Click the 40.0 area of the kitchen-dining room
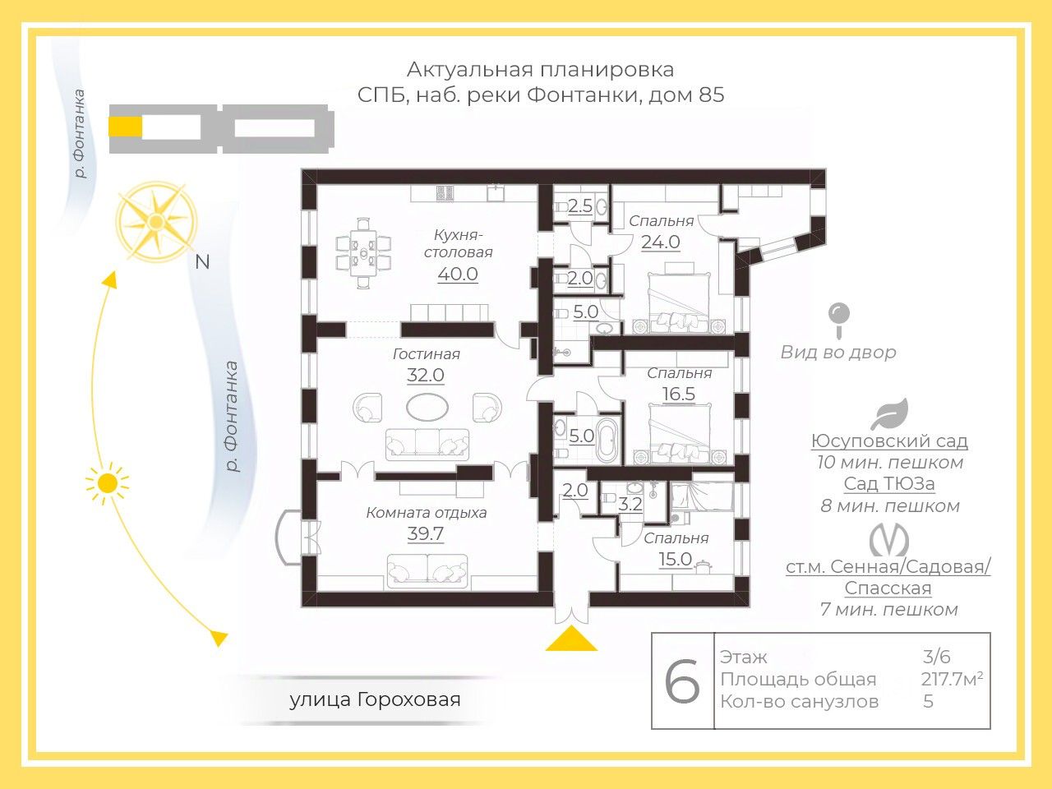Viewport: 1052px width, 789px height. click(x=458, y=274)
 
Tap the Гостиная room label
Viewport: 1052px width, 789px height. click(x=426, y=354)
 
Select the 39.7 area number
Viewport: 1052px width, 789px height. click(x=426, y=533)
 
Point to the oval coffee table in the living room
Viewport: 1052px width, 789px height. click(x=427, y=407)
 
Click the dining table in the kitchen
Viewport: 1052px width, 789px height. click(x=363, y=253)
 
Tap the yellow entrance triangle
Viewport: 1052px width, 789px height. click(x=571, y=638)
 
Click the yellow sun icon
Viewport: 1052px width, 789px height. click(x=107, y=484)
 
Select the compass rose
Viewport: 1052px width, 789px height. click(x=156, y=221)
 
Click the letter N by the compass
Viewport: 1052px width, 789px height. click(x=202, y=262)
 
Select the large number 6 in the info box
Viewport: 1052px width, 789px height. click(x=682, y=681)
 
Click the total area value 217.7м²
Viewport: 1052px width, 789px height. click(x=952, y=680)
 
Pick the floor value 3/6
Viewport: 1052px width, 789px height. click(x=936, y=657)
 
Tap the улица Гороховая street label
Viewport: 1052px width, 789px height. click(x=375, y=700)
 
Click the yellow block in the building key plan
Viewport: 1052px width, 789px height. click(x=125, y=128)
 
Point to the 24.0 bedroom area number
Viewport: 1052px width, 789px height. click(x=661, y=242)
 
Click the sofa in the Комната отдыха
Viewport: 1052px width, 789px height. click(x=427, y=571)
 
